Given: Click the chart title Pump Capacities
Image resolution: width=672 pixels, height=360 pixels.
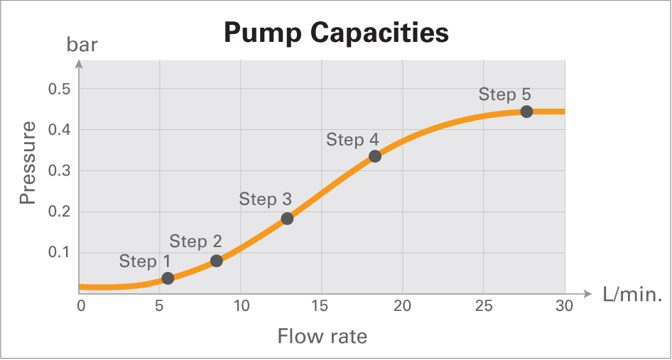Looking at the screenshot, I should [x=336, y=33].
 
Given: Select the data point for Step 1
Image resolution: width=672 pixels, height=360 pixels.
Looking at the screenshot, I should [x=168, y=278].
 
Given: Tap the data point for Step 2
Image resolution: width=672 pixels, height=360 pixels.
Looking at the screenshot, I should [x=217, y=261].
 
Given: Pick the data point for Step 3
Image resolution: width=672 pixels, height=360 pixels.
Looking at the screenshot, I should [x=287, y=219].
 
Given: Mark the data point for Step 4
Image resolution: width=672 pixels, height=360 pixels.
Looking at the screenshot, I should [x=375, y=156].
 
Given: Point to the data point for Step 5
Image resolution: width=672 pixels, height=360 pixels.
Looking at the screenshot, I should [x=526, y=111].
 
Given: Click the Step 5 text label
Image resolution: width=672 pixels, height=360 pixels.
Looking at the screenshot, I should [x=504, y=94].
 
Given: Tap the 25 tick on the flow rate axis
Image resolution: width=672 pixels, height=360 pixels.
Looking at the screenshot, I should [x=483, y=306].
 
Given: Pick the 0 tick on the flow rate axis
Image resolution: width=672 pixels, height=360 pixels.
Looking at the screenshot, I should [x=80, y=306].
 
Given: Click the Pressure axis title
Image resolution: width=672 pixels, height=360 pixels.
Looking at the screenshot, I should [x=28, y=163].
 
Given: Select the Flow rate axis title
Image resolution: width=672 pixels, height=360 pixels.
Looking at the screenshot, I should [x=322, y=335].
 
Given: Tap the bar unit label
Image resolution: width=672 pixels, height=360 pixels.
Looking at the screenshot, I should [x=82, y=46].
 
